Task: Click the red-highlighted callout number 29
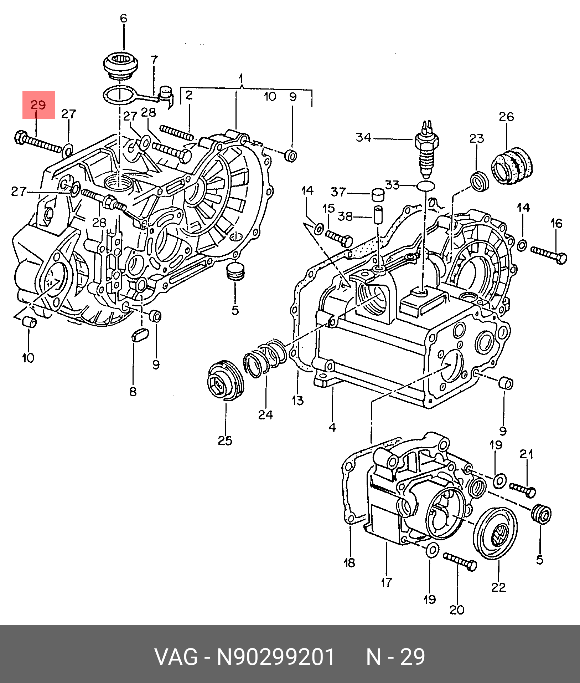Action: click(x=38, y=105)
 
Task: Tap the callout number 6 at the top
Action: click(x=123, y=19)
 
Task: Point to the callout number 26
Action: click(x=506, y=117)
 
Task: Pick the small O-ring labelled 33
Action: click(x=425, y=185)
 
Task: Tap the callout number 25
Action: click(x=225, y=441)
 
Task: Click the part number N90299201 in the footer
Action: click(x=276, y=657)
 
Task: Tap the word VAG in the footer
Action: click(x=176, y=657)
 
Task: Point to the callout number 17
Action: click(x=386, y=582)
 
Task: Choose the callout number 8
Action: click(x=133, y=392)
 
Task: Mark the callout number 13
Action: click(x=298, y=401)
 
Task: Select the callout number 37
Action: click(x=338, y=192)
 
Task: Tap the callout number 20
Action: click(x=457, y=610)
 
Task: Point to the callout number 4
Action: click(x=332, y=427)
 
